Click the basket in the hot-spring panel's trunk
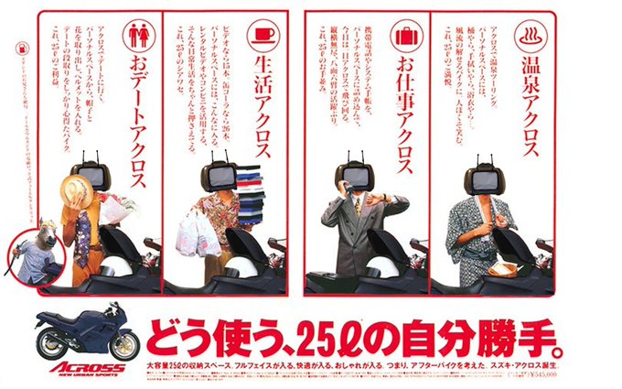pyautogui.click(x=503, y=268)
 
